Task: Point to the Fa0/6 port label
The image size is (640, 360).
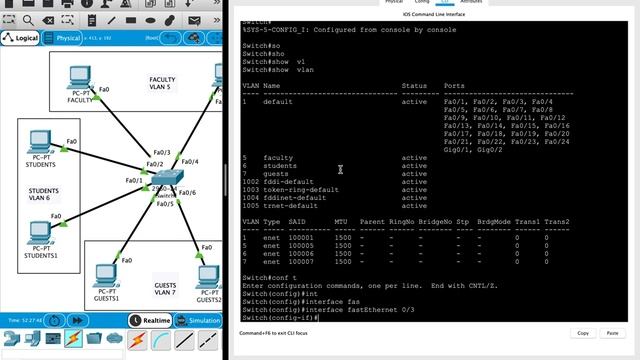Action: point(187,192)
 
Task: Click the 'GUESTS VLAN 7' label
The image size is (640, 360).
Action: point(165,289)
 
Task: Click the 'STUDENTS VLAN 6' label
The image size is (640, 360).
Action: point(43,194)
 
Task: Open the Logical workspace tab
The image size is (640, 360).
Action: point(21,38)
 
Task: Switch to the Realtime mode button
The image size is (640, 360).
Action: point(153,320)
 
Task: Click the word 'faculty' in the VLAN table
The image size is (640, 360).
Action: point(278,158)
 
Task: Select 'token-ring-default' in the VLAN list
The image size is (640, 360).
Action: point(301,189)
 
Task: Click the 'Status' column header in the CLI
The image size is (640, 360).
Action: point(414,86)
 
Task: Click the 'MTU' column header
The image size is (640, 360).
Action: point(341,220)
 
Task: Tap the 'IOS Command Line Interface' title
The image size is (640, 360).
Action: point(433,14)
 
